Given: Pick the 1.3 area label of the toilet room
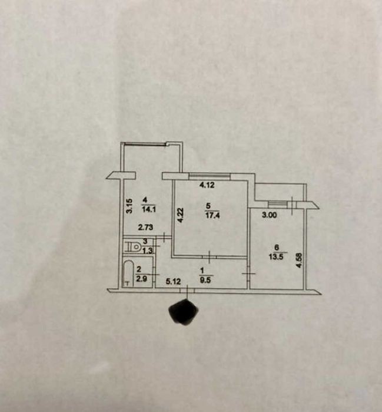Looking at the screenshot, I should [147, 251].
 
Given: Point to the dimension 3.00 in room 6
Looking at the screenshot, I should [268, 216].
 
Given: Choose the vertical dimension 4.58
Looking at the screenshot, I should [299, 259].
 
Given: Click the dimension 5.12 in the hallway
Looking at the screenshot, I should [172, 281].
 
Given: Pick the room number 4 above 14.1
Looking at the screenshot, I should [145, 199].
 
